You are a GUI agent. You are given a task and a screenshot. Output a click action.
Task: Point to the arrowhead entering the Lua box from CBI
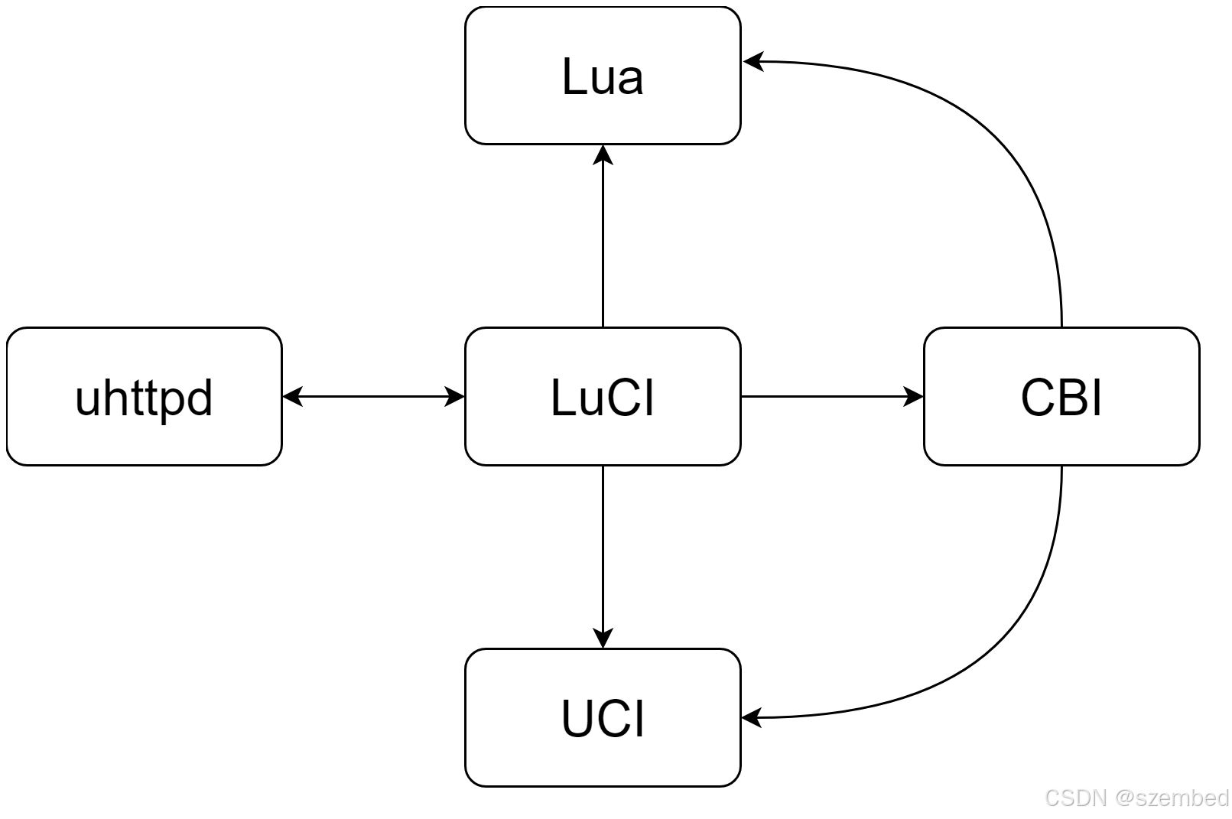pos(753,61)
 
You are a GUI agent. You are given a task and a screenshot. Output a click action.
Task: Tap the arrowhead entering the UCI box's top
pos(603,638)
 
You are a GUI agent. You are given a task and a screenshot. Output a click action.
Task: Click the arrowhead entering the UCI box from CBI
pos(753,717)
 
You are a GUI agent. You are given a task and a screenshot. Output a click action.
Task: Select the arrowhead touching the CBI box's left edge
pos(913,396)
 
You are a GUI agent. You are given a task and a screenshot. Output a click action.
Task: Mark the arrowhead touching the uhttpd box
pos(293,396)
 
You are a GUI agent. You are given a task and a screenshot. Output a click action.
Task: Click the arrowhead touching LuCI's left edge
pos(454,396)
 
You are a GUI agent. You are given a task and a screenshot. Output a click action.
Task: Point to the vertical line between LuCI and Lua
pos(603,245)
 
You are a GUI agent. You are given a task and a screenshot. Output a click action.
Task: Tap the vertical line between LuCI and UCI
pos(603,551)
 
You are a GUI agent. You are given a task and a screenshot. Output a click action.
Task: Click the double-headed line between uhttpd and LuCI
pos(373,396)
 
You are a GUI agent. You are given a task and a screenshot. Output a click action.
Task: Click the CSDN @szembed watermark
pos(1136,798)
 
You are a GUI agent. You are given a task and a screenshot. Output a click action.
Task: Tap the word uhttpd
pos(144,398)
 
